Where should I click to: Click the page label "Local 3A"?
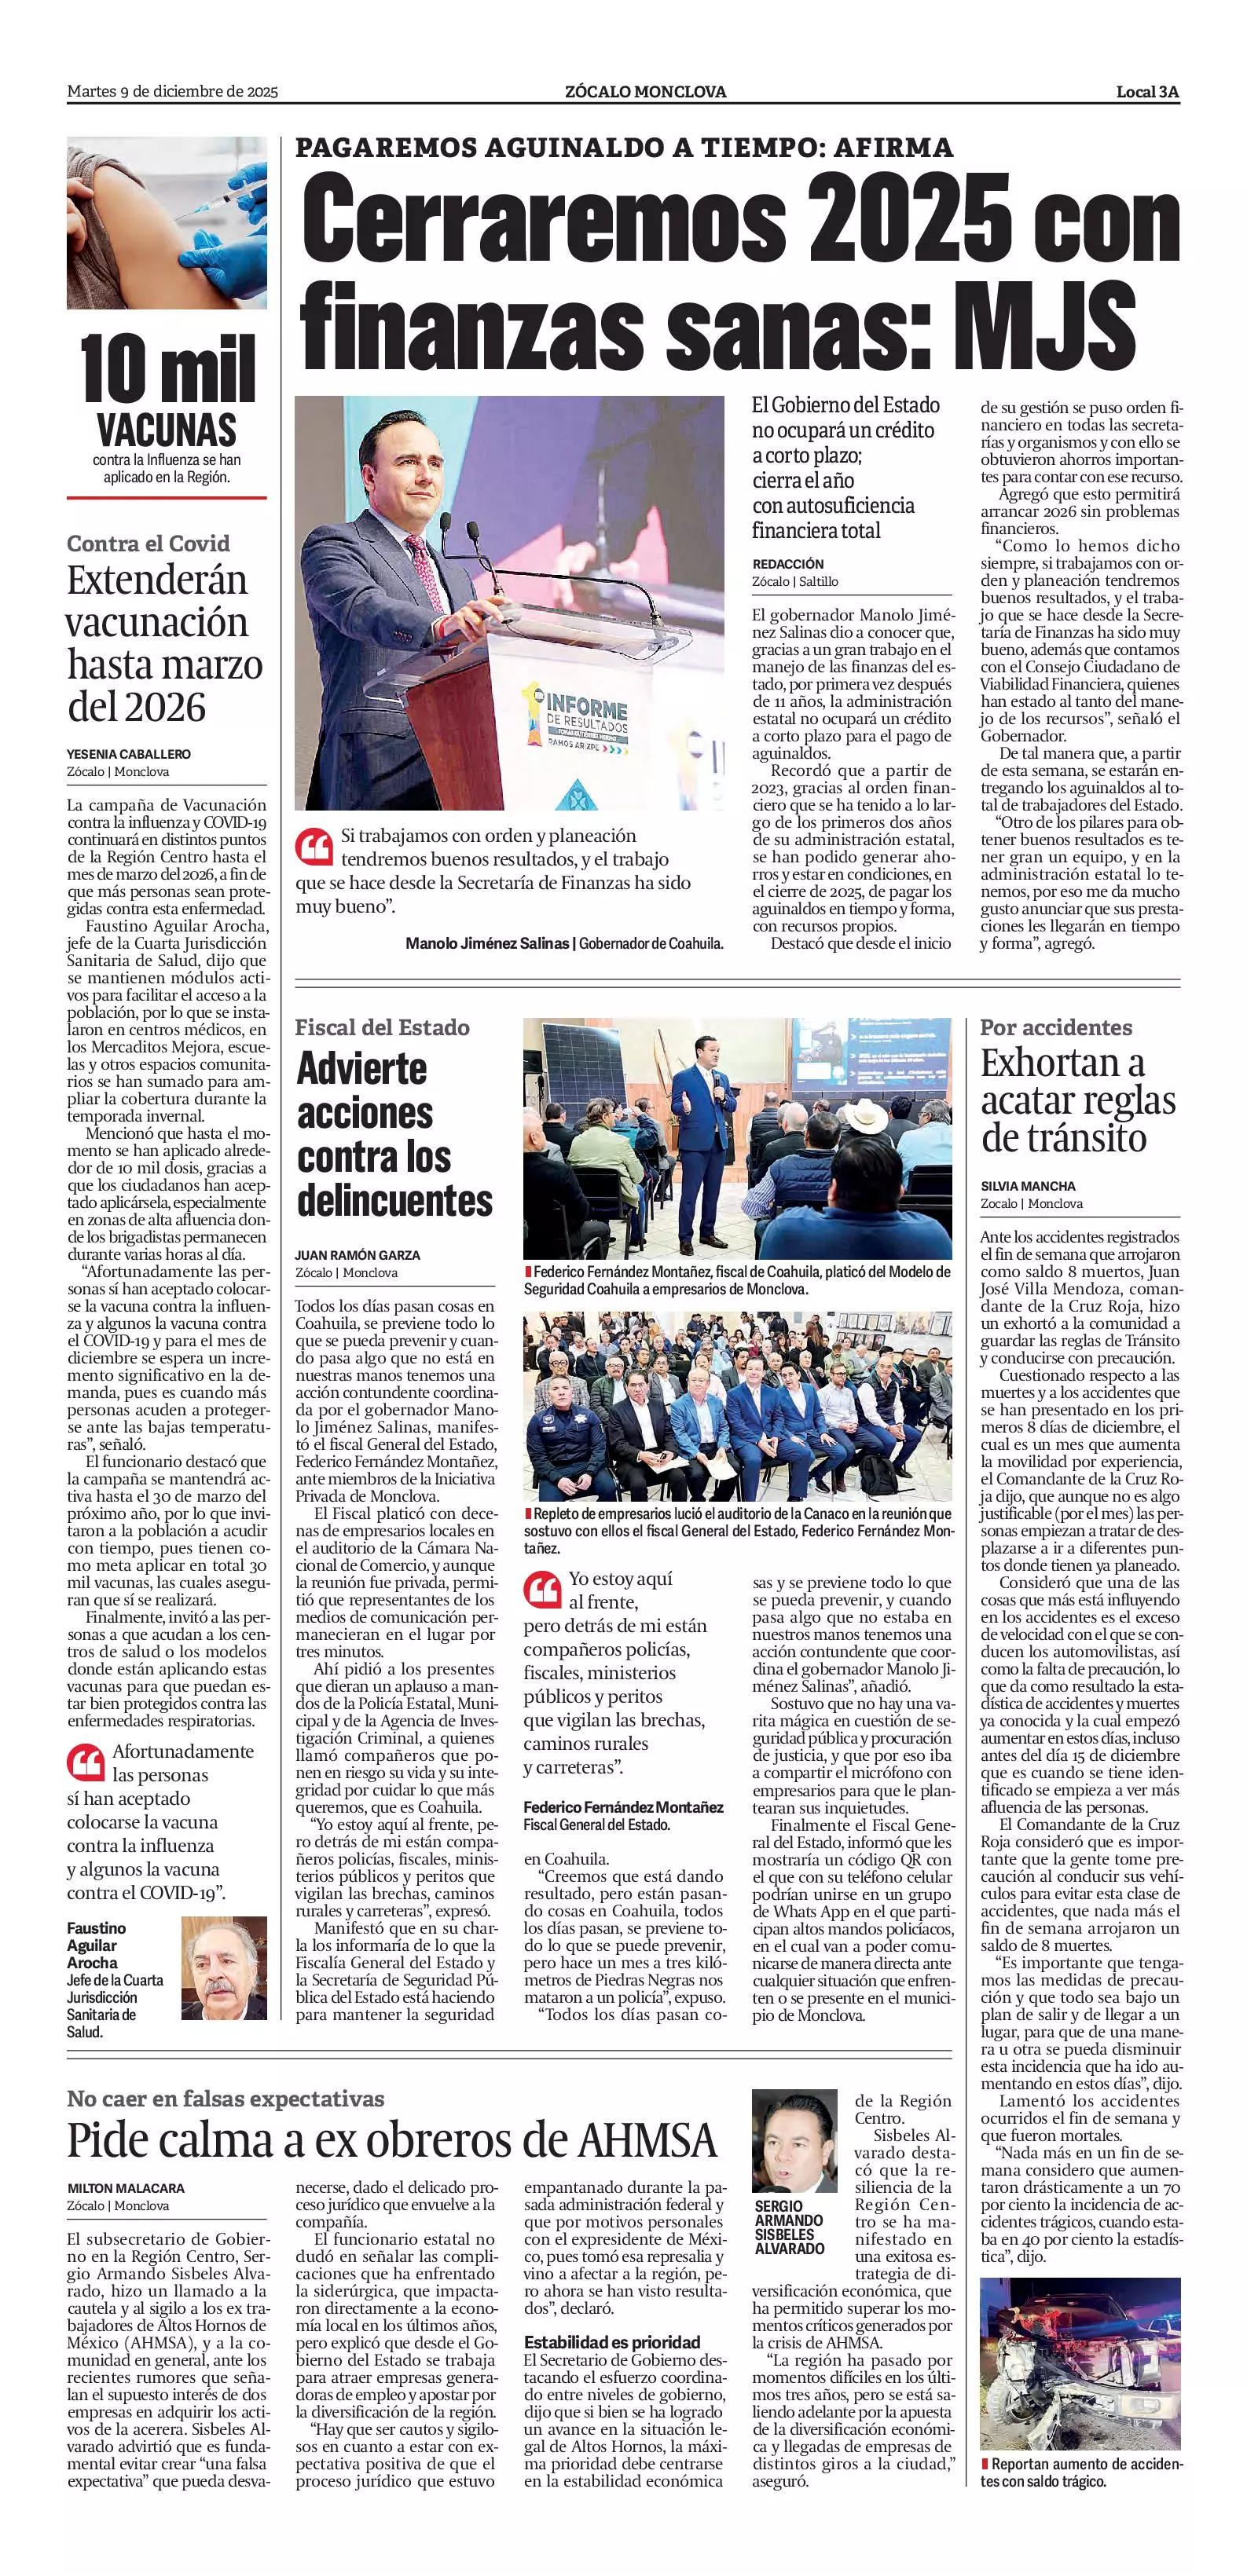(1147, 92)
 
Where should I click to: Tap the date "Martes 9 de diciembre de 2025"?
(172, 92)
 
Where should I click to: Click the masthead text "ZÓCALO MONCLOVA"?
(645, 92)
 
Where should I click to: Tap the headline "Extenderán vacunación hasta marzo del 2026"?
(165, 643)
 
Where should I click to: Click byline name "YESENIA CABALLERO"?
(129, 754)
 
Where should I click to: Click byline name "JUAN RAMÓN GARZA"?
(358, 1254)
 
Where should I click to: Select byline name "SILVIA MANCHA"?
(1029, 1186)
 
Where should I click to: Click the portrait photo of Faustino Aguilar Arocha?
(224, 1967)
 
